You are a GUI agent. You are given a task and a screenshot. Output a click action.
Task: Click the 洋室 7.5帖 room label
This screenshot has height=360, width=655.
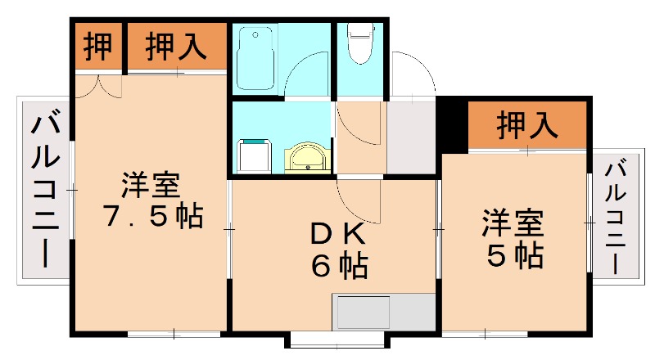151,200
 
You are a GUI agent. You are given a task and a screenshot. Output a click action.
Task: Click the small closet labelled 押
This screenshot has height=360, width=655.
98,47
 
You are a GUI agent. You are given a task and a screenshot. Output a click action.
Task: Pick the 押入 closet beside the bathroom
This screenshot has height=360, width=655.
175,47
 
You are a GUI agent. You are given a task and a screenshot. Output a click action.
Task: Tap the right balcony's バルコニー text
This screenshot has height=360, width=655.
616,217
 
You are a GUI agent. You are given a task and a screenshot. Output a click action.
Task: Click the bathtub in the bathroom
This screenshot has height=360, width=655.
257,59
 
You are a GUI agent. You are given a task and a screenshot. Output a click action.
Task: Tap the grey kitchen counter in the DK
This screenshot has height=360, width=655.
382,312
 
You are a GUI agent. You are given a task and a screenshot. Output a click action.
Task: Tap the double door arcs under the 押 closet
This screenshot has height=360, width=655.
98,83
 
